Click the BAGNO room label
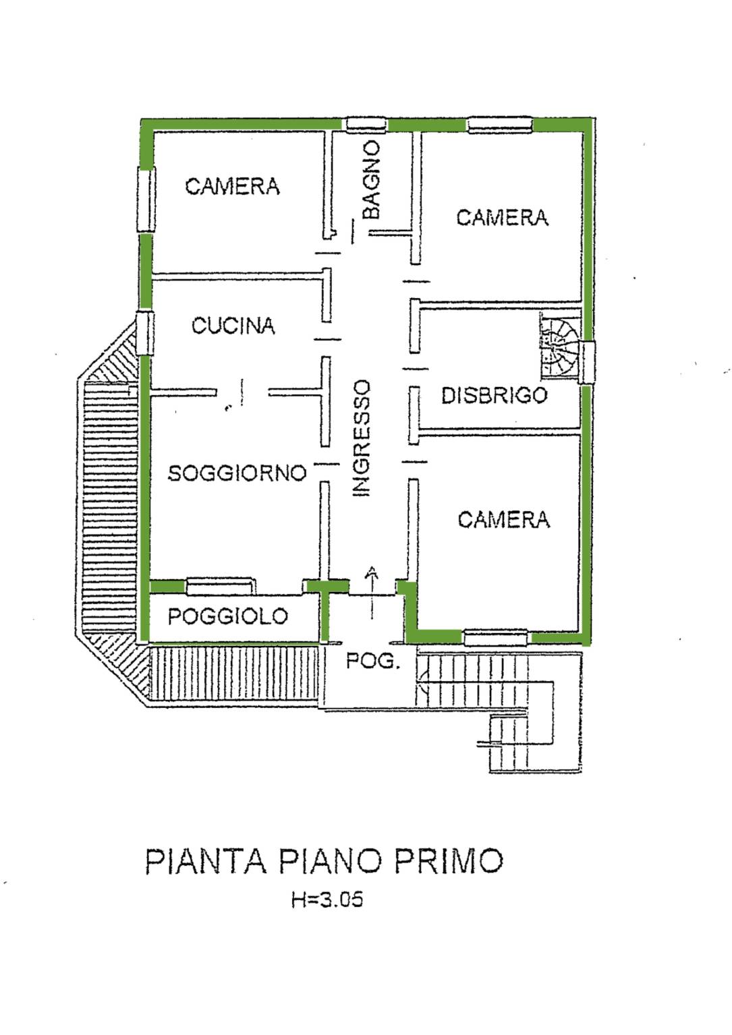point(371,179)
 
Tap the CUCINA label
point(233,326)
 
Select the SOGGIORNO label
point(237,473)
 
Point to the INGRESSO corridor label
point(362,438)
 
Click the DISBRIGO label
point(494,396)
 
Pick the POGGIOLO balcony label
point(227,616)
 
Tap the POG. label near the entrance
point(372,661)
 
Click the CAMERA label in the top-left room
point(232,187)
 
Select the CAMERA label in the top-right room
point(502,218)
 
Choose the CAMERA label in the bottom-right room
point(503,520)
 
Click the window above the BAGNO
point(367,125)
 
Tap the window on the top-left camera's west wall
point(146,200)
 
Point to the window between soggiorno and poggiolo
point(220,586)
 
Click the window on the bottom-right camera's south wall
point(495,637)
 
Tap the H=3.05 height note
point(327,899)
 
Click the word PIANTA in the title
point(206,862)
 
